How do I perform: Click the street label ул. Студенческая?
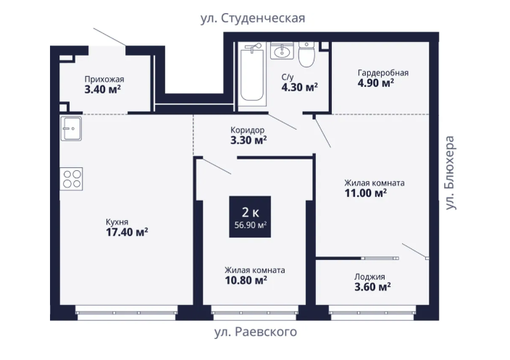pyautogui.click(x=253, y=18)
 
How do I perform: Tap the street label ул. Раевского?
pyautogui.click(x=256, y=332)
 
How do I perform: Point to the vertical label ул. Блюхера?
pyautogui.click(x=450, y=172)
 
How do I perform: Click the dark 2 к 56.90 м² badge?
pyautogui.click(x=250, y=217)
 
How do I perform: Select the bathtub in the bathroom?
pyautogui.click(x=252, y=74)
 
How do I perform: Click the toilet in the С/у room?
pyautogui.click(x=306, y=54)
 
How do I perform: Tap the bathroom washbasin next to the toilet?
pyautogui.click(x=282, y=51)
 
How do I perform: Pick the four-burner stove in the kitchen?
pyautogui.click(x=71, y=179)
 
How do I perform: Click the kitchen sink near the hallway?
pyautogui.click(x=71, y=128)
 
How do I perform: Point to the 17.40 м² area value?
pyautogui.click(x=127, y=233)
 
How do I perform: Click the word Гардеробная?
pyautogui.click(x=382, y=73)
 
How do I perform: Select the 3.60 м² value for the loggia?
pyautogui.click(x=372, y=287)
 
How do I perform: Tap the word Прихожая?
pyautogui.click(x=104, y=79)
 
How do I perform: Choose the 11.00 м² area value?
pyautogui.click(x=366, y=193)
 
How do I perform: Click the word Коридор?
pyautogui.click(x=247, y=130)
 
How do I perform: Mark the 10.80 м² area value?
pyautogui.click(x=246, y=280)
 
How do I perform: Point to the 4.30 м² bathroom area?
pyautogui.click(x=299, y=87)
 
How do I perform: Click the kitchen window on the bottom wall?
pyautogui.click(x=126, y=312)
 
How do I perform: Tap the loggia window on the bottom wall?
pyautogui.click(x=373, y=312)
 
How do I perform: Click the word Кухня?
pyautogui.click(x=117, y=222)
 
